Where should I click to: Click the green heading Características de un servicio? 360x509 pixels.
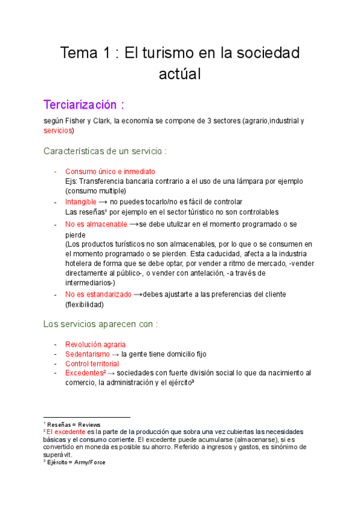(105, 151)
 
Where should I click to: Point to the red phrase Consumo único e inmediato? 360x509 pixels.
(110, 171)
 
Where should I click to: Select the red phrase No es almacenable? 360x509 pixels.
(96, 224)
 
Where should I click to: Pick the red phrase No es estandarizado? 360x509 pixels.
(98, 294)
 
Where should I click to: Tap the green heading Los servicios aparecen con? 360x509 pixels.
(100, 324)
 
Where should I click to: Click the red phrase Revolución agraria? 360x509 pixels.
(95, 345)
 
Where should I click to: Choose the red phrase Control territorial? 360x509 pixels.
(92, 364)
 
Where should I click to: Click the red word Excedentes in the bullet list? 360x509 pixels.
(85, 373)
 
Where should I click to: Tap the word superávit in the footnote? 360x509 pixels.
(59, 454)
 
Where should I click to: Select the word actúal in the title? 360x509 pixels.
(179, 74)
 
